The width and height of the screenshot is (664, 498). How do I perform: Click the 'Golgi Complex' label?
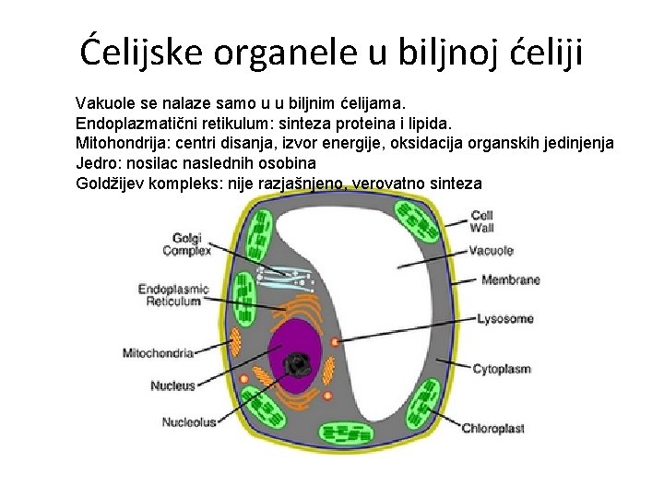click(186, 244)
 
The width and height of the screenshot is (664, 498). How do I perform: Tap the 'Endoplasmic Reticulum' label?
click(173, 295)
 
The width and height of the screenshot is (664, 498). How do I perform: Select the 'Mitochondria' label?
click(158, 352)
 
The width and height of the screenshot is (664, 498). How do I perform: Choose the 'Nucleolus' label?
click(189, 422)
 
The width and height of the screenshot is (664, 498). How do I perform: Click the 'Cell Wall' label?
click(481, 221)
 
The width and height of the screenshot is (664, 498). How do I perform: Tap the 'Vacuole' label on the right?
click(491, 251)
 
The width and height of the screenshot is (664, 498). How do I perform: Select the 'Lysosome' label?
click(504, 319)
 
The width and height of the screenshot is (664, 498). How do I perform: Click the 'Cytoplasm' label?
click(502, 369)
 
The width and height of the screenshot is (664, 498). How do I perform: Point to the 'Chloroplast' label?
click(493, 428)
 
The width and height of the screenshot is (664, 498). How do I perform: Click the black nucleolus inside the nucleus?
click(298, 365)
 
